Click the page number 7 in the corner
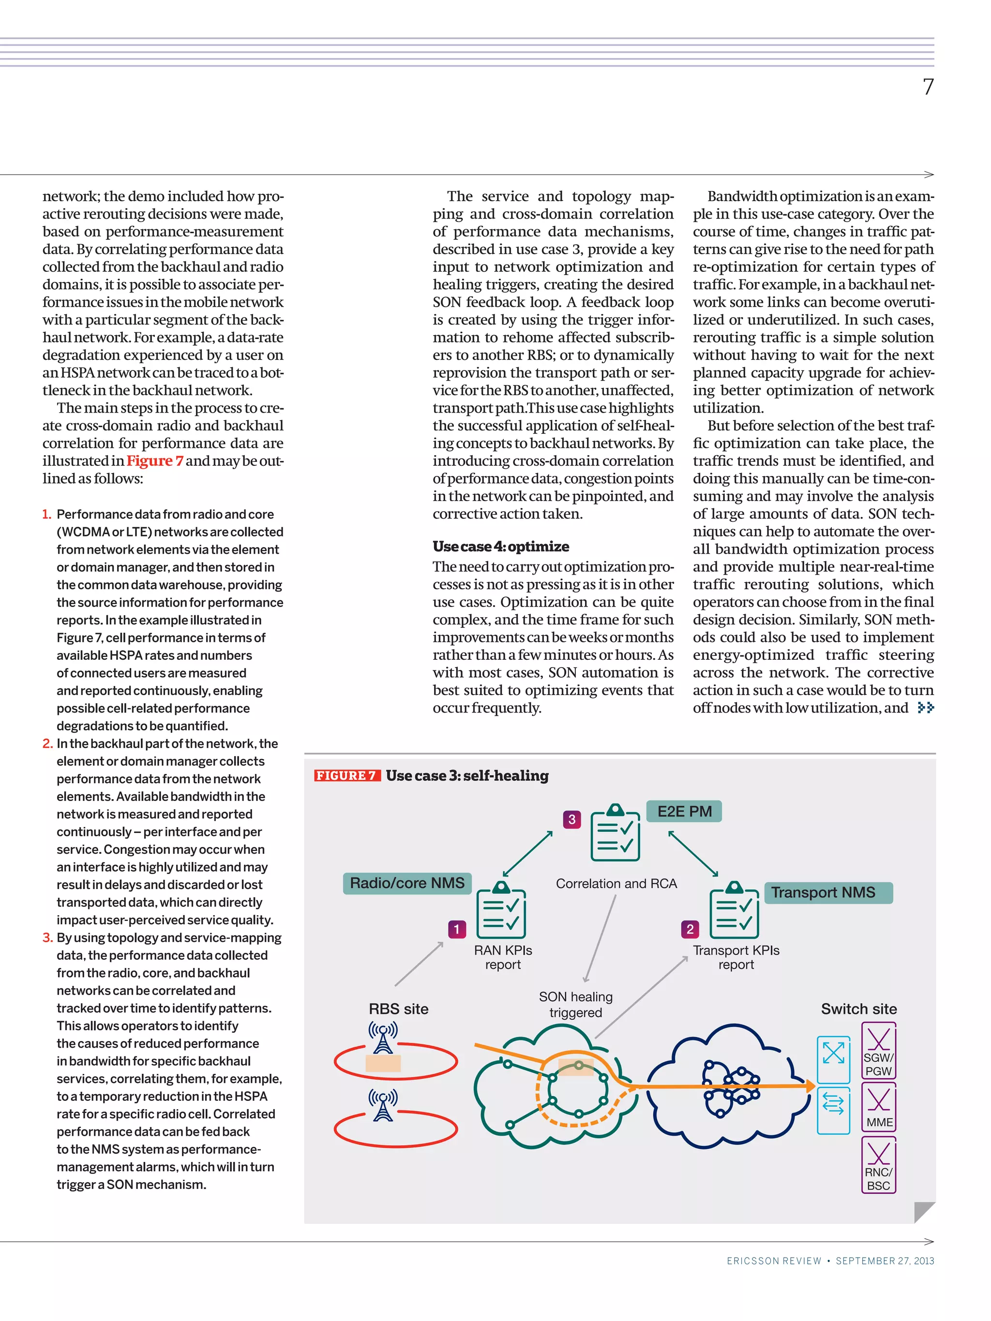928,87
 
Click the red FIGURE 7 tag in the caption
346,776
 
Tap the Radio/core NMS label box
407,883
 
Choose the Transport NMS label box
827,893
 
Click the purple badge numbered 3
571,819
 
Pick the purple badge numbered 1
456,929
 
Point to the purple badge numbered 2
690,929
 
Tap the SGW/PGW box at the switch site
878,1051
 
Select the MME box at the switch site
879,1108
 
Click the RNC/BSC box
878,1165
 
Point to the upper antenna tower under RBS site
383,1038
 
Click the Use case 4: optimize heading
500,547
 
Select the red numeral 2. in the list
48,743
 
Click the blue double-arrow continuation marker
925,708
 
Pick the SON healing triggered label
575,1005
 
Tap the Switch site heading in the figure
858,1009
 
